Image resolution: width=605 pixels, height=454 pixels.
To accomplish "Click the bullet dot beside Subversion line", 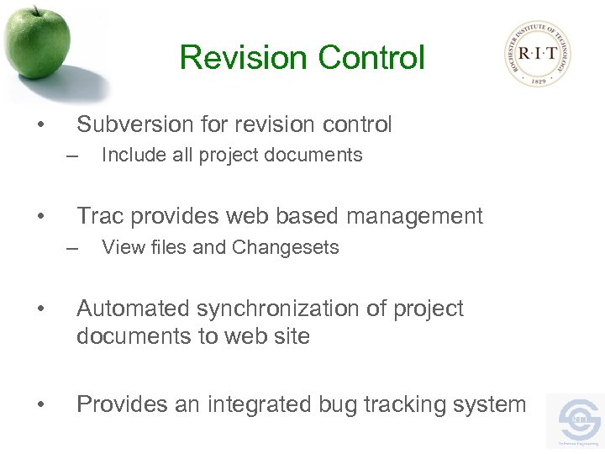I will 40,126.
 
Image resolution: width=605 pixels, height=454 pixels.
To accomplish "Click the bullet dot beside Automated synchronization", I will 40,309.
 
